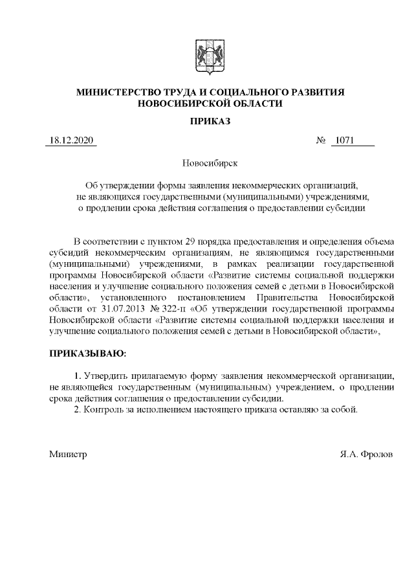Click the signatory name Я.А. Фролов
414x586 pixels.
click(x=365, y=455)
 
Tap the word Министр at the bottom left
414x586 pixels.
click(x=69, y=455)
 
